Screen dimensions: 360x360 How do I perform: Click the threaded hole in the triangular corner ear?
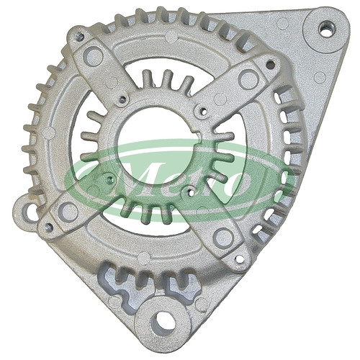click(326, 29)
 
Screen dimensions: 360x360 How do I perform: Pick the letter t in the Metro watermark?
click(206, 179)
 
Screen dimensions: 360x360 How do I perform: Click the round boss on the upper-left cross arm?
click(93, 56)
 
